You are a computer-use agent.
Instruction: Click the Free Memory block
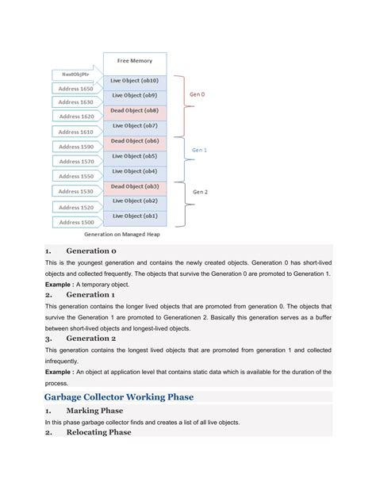134,61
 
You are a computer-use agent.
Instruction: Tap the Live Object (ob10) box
134,81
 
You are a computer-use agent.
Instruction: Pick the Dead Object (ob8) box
134,110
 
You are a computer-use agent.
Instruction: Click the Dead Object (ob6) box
134,140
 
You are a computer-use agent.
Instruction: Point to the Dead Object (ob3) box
134,186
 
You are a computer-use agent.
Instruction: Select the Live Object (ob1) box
134,216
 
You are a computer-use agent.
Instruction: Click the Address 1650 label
75,90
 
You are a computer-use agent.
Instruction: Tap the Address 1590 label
75,147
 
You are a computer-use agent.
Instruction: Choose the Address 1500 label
75,222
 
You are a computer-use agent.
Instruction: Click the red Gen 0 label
196,94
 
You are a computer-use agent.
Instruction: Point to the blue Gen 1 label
200,148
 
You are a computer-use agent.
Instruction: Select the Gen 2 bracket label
200,191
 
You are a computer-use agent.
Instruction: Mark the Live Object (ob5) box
134,155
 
